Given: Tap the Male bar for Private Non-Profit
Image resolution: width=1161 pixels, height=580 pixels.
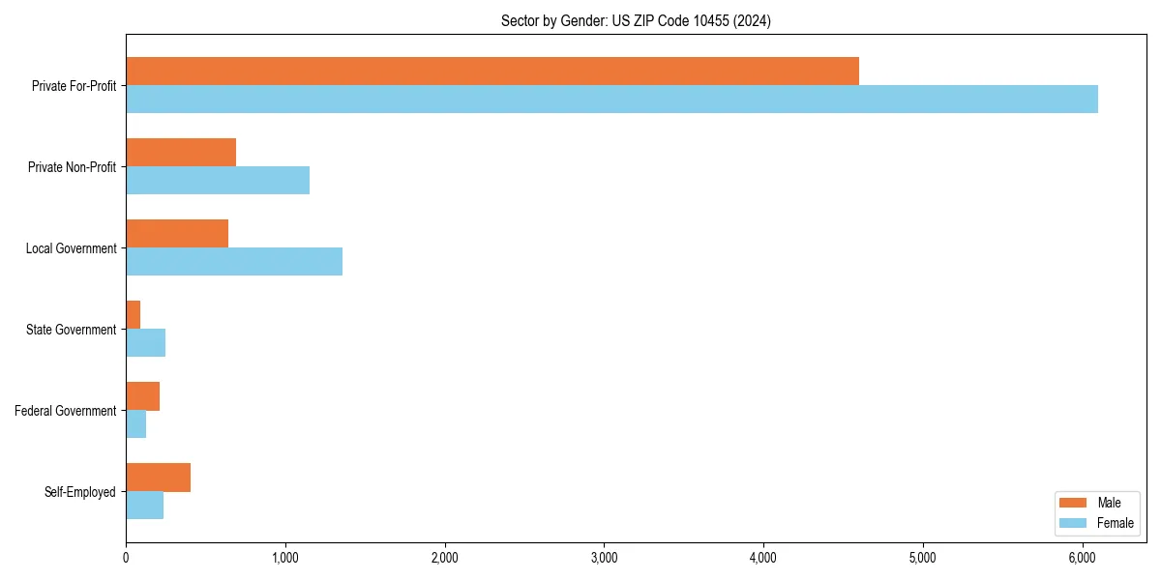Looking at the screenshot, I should [x=181, y=153].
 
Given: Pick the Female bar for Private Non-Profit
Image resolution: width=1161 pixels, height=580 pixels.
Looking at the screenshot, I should [x=218, y=181].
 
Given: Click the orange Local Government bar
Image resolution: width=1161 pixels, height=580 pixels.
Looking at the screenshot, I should [x=177, y=234].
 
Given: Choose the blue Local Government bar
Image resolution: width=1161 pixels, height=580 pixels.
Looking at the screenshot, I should [x=234, y=262].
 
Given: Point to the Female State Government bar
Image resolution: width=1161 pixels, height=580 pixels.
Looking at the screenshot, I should [x=146, y=343].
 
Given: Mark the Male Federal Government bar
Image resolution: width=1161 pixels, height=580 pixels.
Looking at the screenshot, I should [x=143, y=396].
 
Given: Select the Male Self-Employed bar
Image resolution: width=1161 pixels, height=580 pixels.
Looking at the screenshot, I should [x=159, y=478].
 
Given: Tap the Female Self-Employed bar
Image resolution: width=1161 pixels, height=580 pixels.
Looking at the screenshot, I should [x=145, y=506].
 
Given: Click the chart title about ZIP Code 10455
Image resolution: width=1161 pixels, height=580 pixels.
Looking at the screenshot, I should [x=636, y=20].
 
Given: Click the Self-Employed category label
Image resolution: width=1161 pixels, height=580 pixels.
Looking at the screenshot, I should [x=80, y=492].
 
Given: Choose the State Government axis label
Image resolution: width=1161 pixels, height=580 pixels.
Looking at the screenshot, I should [x=72, y=330].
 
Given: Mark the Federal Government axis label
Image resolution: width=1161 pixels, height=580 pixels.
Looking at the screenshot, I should [x=66, y=411].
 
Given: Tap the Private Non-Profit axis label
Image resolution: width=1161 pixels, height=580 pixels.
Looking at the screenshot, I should [x=73, y=167].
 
